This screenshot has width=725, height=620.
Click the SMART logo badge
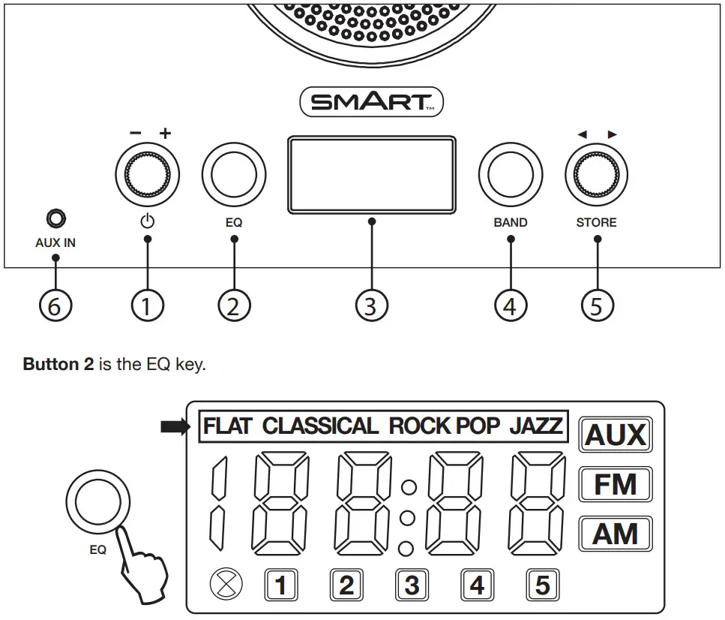371,102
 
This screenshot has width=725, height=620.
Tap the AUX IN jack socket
55,219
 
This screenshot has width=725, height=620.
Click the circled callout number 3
371,305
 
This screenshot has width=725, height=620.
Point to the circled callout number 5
597,305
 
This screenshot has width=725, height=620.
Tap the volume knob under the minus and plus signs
147,174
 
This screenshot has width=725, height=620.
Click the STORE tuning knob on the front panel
597,174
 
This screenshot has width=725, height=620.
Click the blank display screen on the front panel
371,174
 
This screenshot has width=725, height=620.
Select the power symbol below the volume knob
147,221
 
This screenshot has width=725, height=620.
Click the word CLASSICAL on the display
320,426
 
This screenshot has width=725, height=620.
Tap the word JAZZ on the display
535,426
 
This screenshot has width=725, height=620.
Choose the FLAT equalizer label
229,426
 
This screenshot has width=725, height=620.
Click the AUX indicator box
616,435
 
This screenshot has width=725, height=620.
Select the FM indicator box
616,485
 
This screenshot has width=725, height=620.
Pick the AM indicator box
616,534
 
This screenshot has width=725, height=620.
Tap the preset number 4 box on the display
477,585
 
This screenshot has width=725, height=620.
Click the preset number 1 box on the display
281,585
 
